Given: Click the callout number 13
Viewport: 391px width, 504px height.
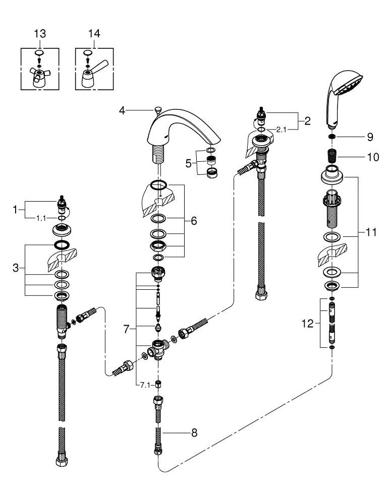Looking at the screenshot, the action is (40, 34).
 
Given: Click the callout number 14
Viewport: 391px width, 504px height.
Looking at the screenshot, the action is (94, 34).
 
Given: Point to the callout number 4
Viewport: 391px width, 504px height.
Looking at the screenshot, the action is (122, 111).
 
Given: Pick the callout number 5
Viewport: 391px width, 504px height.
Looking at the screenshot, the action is (189, 163).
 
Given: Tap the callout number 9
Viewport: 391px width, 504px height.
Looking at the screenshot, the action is (370, 137).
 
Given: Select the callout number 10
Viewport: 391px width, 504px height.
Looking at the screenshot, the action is (373, 157).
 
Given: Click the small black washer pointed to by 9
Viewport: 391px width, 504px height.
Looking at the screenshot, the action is (332, 137).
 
